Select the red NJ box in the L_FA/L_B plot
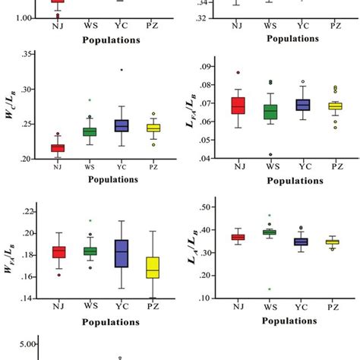[238, 106]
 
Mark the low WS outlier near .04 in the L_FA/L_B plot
[271, 155]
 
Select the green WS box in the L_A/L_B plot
[271, 232]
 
